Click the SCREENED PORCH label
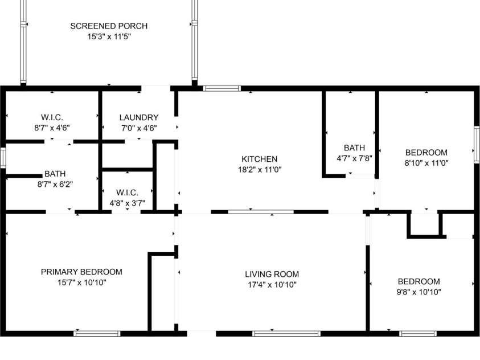109,26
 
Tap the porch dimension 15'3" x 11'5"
109,36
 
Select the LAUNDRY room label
138,118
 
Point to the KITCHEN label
259,159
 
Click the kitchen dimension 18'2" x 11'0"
259,169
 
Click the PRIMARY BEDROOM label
81,272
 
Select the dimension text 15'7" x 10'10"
81,282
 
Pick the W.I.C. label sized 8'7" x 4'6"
51,118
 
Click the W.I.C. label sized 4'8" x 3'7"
127,193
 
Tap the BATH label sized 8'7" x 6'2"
55,174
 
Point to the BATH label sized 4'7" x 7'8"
354,148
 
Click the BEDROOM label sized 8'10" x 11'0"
426,152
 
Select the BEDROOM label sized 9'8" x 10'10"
419,281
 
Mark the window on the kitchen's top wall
222,88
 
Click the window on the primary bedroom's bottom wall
97,333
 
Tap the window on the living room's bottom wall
286,333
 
